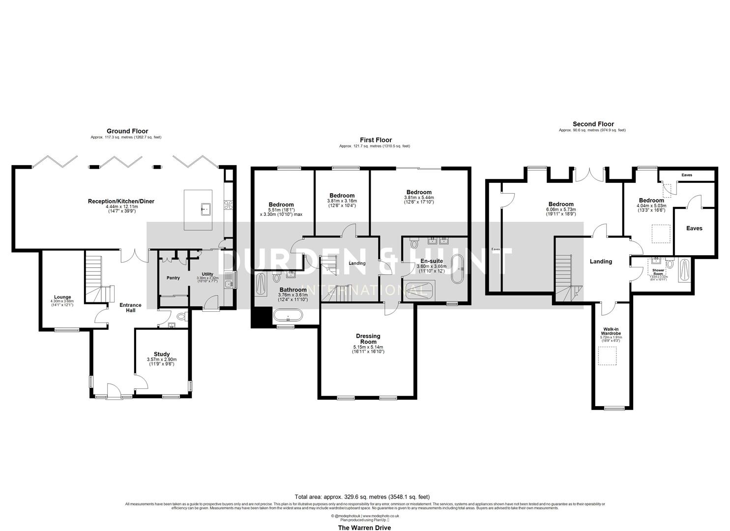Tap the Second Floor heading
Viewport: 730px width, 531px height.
tap(593, 124)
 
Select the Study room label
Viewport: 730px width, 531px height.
tap(161, 354)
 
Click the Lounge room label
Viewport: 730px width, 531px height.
tap(62, 297)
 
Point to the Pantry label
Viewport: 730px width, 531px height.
tap(173, 278)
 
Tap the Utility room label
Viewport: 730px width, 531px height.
tap(207, 274)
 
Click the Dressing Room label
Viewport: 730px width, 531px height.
tap(368, 339)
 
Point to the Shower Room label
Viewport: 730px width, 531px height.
tap(658, 272)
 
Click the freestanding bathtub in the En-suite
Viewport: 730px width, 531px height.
tap(458, 269)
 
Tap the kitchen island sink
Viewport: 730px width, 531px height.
tap(205, 209)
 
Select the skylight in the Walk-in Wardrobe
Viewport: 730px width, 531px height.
tap(607, 355)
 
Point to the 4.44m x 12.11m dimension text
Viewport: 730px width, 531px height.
tap(122, 207)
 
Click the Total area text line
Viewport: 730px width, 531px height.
tap(364, 497)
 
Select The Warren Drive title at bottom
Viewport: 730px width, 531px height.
tap(364, 528)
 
